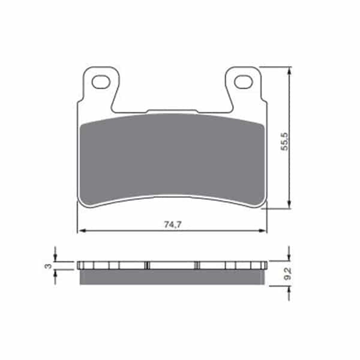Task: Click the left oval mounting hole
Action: click(x=101, y=82)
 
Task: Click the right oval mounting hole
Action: click(x=244, y=82)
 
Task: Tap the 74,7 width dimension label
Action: click(x=173, y=224)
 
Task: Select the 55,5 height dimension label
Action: click(x=284, y=142)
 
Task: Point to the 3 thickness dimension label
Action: click(x=48, y=266)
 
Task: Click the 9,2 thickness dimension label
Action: click(x=287, y=274)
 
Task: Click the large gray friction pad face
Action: click(x=172, y=158)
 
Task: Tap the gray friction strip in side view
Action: click(x=172, y=277)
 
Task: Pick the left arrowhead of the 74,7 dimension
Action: click(x=82, y=230)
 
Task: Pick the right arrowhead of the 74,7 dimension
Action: click(x=263, y=230)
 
